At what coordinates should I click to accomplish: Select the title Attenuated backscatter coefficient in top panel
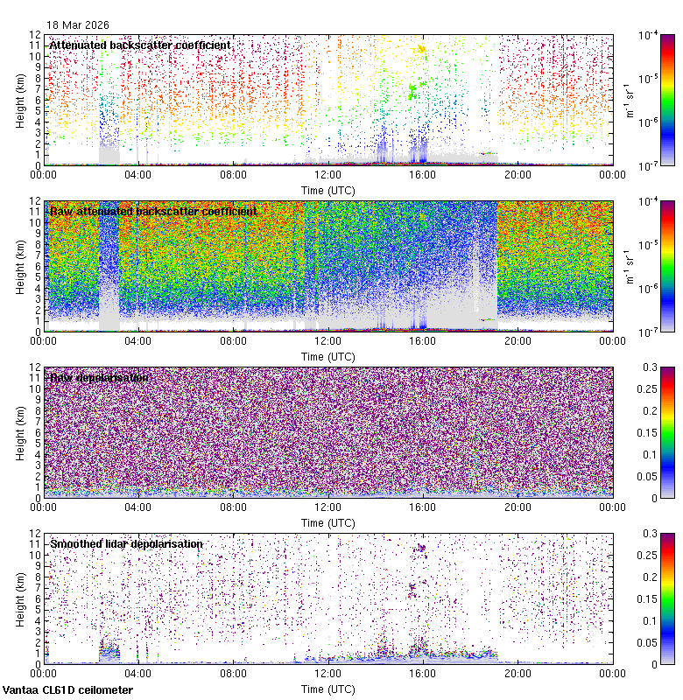point(140,45)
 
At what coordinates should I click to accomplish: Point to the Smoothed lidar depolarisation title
point(126,543)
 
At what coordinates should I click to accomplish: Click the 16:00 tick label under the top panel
point(423,174)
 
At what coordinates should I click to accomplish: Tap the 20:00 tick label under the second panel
point(518,340)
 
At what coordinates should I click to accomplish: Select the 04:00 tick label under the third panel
point(138,507)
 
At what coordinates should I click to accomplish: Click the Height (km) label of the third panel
point(21,432)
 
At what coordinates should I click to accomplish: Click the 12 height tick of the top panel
point(36,35)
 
